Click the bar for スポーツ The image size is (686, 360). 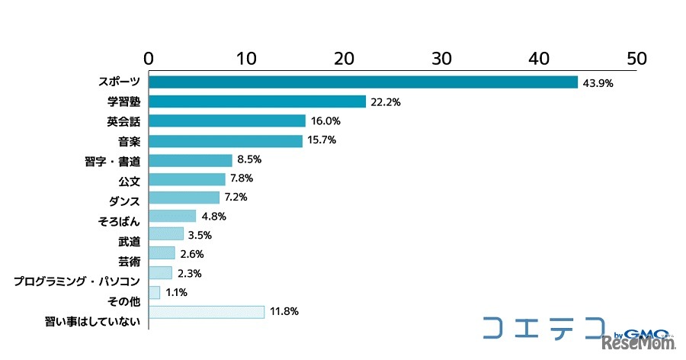(363, 82)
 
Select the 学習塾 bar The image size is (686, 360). (258, 101)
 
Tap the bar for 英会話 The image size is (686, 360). (227, 121)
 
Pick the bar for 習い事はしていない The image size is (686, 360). (207, 311)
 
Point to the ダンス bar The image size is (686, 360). (184, 197)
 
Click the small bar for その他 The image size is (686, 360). (155, 292)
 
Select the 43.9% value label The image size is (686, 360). (598, 83)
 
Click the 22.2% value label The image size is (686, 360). (386, 102)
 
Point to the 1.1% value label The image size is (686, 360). (177, 292)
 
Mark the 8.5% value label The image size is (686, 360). (249, 159)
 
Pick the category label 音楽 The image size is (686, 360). (129, 141)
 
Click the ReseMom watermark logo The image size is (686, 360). (643, 344)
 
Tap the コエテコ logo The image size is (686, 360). (543, 326)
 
